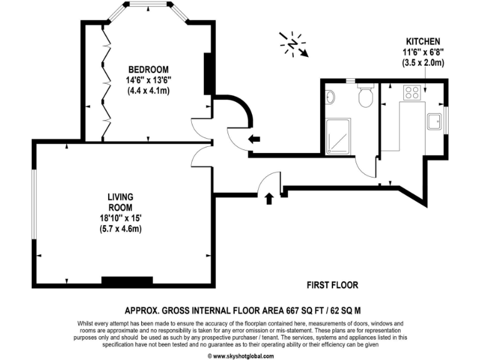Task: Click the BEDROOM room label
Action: [148, 69]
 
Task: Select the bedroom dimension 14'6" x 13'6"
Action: [148, 80]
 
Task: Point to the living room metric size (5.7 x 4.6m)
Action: [120, 229]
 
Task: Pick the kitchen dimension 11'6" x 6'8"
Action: [423, 51]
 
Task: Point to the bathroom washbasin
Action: [331, 97]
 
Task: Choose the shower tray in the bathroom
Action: [338, 136]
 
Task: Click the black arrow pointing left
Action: [254, 139]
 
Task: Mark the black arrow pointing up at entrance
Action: [269, 199]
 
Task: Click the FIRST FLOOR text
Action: [332, 285]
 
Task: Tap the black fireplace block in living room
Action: [127, 281]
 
